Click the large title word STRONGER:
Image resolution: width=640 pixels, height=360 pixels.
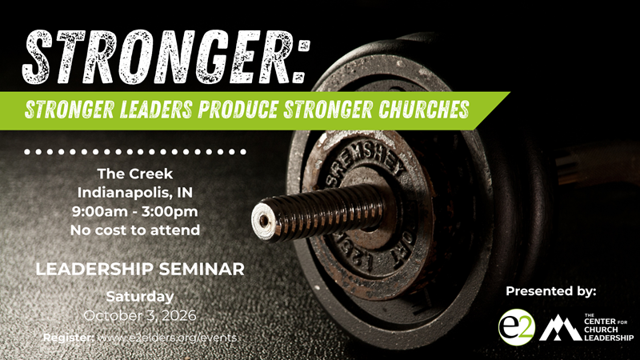tap(166, 57)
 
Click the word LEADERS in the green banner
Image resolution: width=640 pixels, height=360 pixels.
tap(156, 110)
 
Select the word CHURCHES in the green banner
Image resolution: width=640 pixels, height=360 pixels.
tap(424, 110)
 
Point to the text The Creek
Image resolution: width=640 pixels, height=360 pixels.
tap(135, 174)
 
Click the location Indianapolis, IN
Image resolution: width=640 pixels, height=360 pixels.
tap(135, 193)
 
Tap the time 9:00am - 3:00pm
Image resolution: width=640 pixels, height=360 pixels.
tap(135, 211)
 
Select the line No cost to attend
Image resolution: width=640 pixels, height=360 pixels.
tap(135, 230)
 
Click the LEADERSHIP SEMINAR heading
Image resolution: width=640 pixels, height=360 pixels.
tap(140, 269)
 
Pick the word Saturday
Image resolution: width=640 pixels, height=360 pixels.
tap(140, 296)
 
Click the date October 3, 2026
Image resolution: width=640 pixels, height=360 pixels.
tap(140, 315)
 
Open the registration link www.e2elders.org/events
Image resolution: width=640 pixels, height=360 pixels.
tap(168, 338)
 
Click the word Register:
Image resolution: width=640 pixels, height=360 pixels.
tap(69, 338)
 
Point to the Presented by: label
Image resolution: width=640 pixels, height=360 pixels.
tap(551, 291)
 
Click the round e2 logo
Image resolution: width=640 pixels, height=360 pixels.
tap(517, 327)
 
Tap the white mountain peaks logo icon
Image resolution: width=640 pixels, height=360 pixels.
tap(560, 327)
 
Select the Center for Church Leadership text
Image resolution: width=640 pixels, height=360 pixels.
tap(609, 327)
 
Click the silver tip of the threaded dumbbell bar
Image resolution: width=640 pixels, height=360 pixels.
tap(263, 221)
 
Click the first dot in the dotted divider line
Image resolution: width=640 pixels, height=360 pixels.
tap(27, 152)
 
